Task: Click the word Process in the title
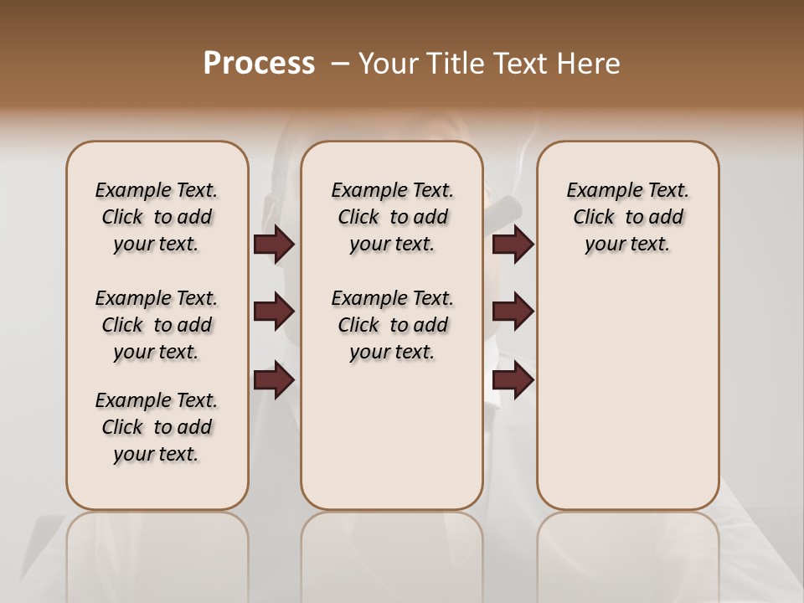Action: [259, 64]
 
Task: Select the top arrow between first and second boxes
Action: [274, 244]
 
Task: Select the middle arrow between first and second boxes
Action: [274, 312]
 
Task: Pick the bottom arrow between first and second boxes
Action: [274, 379]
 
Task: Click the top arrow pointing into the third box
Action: [513, 244]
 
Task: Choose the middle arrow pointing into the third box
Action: [513, 312]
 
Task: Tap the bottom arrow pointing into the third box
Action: [513, 379]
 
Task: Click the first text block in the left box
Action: [157, 217]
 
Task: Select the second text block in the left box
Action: [157, 325]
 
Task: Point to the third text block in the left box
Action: [157, 427]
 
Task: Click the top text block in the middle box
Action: [392, 217]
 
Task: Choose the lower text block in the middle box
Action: [392, 325]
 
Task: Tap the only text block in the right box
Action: [627, 217]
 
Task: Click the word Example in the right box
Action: [600, 191]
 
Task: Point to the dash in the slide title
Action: [340, 64]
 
